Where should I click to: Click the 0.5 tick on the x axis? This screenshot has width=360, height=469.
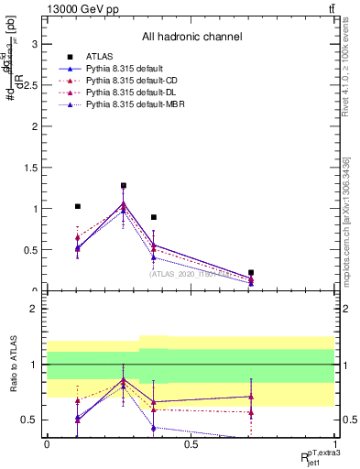pyautogui.click(x=191, y=443)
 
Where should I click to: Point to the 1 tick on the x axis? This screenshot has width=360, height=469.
pyautogui.click(x=333, y=443)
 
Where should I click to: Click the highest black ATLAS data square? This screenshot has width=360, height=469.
pyautogui.click(x=124, y=186)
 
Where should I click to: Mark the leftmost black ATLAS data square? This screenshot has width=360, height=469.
pyautogui.click(x=78, y=207)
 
